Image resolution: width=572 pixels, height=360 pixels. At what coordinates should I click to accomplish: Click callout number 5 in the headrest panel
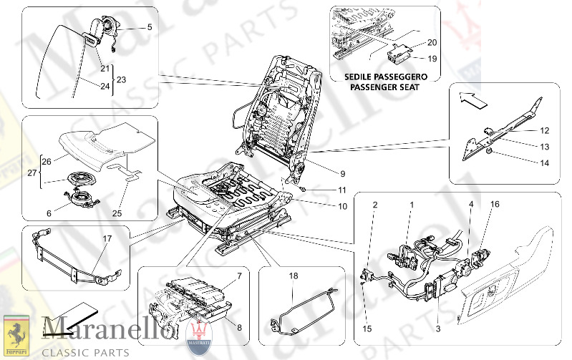[x=150, y=27]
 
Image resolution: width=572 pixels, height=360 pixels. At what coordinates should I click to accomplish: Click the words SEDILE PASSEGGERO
[x=386, y=77]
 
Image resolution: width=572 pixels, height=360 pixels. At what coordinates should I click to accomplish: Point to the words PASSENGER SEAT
[x=386, y=87]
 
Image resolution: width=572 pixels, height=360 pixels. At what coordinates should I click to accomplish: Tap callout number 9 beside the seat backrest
[x=322, y=173]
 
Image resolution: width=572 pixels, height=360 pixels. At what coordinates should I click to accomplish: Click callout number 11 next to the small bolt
[x=322, y=190]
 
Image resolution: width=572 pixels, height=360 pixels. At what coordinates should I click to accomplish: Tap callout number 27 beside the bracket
[x=30, y=172]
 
